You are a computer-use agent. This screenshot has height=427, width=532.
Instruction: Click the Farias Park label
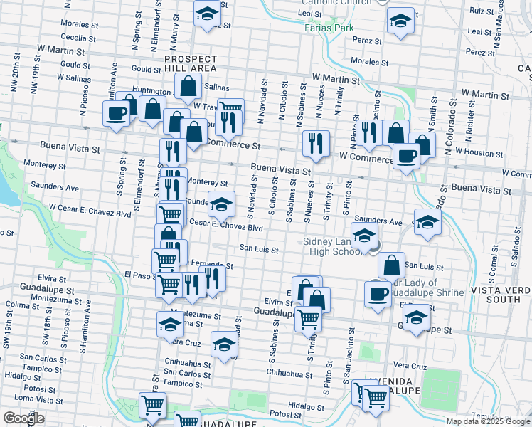pos(319,28)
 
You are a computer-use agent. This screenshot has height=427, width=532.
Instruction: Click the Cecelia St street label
pos(78,38)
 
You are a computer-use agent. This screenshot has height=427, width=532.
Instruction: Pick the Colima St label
pos(21,304)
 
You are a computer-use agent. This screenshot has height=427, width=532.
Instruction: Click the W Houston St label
pos(478,151)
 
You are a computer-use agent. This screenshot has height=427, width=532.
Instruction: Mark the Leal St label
pos(311,13)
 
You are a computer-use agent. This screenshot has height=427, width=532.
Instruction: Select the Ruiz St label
pos(482,11)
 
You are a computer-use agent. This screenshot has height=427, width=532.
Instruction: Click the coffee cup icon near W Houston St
pos(407,157)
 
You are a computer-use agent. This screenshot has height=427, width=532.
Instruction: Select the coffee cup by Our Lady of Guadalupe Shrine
pos(378,293)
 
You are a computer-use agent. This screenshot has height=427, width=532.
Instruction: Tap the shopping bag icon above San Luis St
pos(391,265)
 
